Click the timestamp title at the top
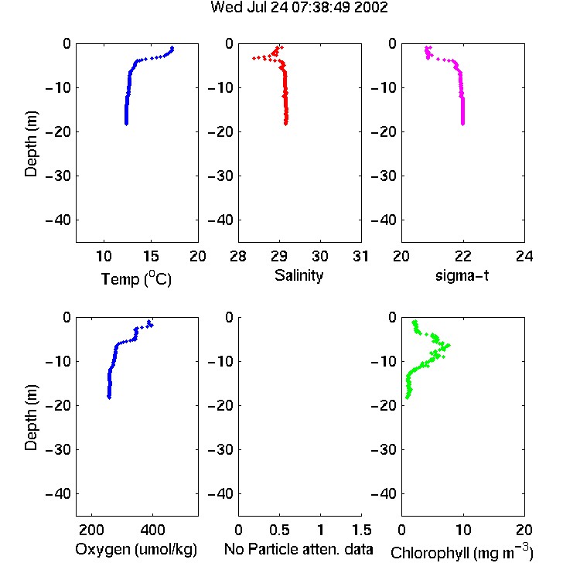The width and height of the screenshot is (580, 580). point(299,7)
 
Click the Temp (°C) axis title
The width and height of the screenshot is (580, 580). point(136,278)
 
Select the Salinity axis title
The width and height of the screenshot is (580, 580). point(299,275)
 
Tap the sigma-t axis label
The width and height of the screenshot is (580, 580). point(462,275)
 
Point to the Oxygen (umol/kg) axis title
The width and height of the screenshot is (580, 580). point(136,549)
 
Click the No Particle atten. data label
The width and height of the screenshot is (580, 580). point(299,549)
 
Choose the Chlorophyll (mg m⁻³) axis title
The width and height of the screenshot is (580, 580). point(462,552)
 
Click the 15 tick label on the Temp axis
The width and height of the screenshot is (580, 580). point(151,256)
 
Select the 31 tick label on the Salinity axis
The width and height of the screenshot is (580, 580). point(360,256)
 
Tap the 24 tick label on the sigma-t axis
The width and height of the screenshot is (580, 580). point(524,256)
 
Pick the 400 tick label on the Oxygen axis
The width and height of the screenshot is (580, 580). point(152,530)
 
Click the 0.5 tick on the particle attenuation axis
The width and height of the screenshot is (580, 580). point(279,530)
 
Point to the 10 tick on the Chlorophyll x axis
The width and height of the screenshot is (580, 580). point(463,530)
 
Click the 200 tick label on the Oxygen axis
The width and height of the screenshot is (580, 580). point(91,530)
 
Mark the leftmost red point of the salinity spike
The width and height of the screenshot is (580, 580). point(254,58)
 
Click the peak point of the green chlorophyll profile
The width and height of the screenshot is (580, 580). point(449,346)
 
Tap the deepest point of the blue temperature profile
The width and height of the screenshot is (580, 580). point(127,124)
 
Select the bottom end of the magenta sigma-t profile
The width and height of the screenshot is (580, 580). point(462,124)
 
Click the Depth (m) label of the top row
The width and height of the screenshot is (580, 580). point(31,144)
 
